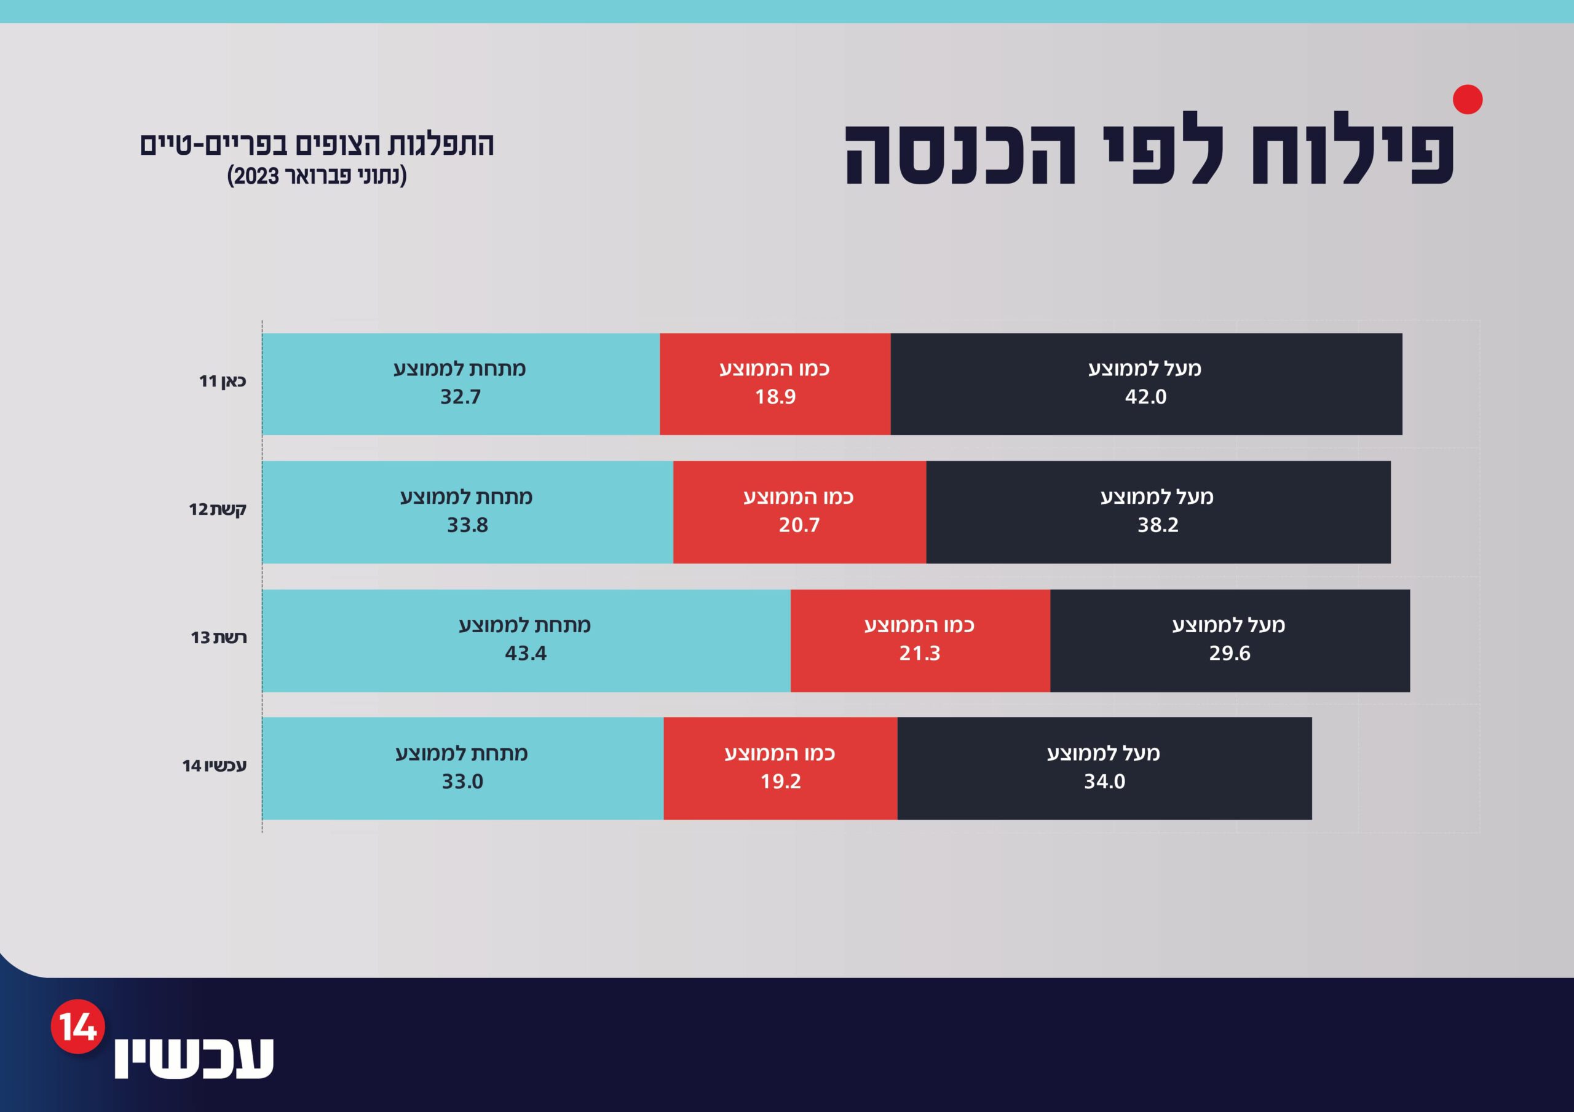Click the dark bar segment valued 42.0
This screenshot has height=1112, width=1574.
[x=1146, y=384]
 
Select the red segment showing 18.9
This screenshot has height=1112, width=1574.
[x=775, y=384]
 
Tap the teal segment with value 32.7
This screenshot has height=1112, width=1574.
[x=461, y=384]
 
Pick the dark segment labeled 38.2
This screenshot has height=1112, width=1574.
[x=1158, y=512]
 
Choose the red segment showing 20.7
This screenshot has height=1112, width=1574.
[x=799, y=512]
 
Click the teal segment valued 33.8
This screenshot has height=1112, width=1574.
[x=467, y=512]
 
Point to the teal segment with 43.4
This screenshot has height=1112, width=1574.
[x=526, y=641]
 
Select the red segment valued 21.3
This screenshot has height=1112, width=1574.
[x=920, y=641]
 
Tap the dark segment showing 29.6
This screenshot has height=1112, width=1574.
[x=1230, y=641]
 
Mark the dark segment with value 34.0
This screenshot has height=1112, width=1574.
[x=1104, y=769]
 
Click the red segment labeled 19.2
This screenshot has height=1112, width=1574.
[x=780, y=769]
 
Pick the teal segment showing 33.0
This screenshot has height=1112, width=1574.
[x=463, y=769]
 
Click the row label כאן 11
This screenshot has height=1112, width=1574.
[x=222, y=381]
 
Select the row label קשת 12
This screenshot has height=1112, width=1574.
[x=217, y=509]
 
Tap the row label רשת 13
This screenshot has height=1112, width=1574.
[x=219, y=637]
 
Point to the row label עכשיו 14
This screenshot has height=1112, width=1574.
[x=214, y=765]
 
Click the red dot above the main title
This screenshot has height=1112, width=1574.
[x=1467, y=100]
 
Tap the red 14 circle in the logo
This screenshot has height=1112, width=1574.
[x=77, y=1027]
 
